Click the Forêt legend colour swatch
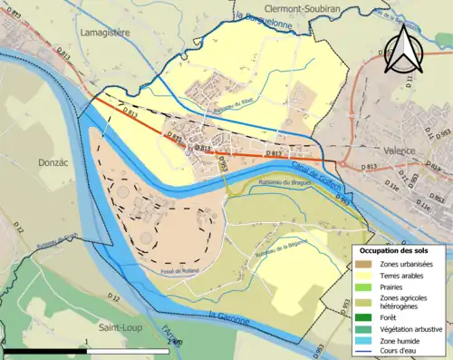coord(364,316)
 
